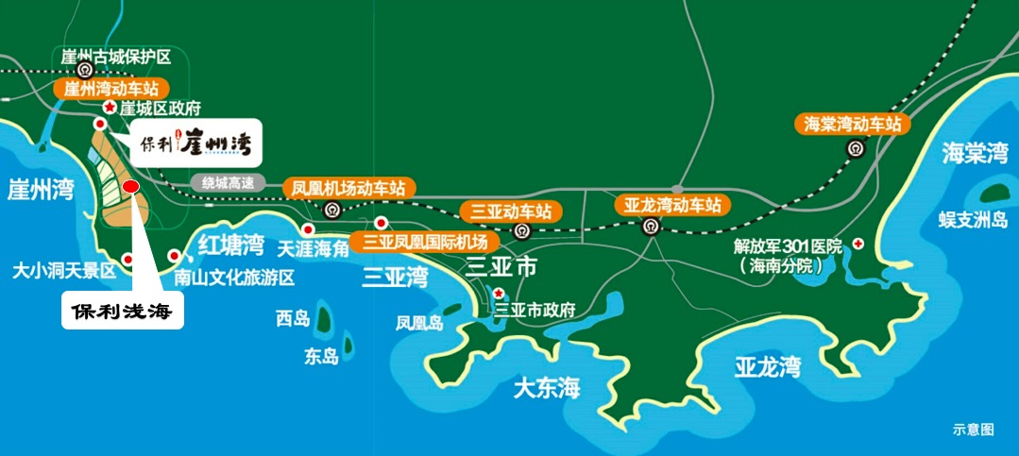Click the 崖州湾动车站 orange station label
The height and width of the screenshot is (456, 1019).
pos(112,89)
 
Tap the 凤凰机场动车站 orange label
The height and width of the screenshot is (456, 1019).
pos(348,188)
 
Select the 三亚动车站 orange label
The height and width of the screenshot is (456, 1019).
pos(505,211)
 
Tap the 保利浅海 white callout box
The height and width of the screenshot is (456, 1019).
pos(123,310)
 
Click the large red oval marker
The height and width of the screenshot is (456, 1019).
pos(131,186)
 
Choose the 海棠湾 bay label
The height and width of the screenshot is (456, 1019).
pos(974,154)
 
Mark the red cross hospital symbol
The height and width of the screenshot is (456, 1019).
pos(858,244)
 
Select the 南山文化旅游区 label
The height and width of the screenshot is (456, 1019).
pos(235,278)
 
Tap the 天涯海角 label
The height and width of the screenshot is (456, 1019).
pos(313,249)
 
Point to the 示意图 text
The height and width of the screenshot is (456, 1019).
pos(973,430)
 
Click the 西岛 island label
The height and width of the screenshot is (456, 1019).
pos(293,318)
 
